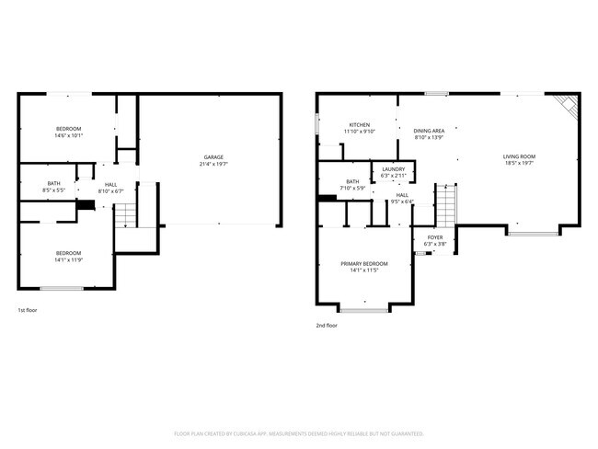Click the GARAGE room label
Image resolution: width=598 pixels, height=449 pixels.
click(213, 156)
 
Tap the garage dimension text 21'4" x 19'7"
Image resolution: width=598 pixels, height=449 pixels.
click(213, 164)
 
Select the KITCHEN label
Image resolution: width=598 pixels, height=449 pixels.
click(359, 124)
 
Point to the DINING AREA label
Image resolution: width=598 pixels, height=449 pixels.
click(429, 131)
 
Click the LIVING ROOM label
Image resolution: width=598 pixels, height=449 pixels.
click(519, 156)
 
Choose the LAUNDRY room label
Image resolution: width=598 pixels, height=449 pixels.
click(393, 169)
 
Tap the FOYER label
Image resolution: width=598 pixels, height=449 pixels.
click(434, 237)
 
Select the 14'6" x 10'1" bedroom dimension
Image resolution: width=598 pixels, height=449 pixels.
click(69, 135)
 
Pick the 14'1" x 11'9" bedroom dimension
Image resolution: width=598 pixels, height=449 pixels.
click(68, 260)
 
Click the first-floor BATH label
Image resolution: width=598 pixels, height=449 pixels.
click(41, 183)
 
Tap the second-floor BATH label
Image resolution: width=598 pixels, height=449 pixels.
click(352, 181)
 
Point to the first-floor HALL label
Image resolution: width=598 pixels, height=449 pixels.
click(110, 184)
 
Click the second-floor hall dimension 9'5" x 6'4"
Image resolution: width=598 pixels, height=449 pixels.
click(402, 202)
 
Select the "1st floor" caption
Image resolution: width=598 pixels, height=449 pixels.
click(28, 310)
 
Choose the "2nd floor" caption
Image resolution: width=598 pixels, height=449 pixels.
click(327, 325)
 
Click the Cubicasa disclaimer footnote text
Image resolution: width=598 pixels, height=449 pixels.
click(299, 432)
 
